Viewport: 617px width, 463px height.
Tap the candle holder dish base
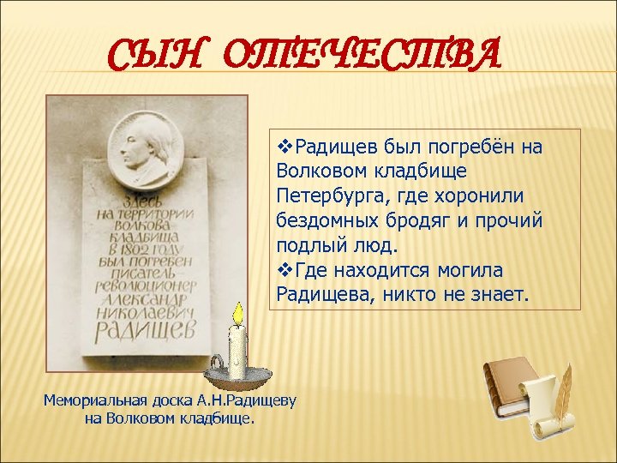(x=238, y=376)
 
